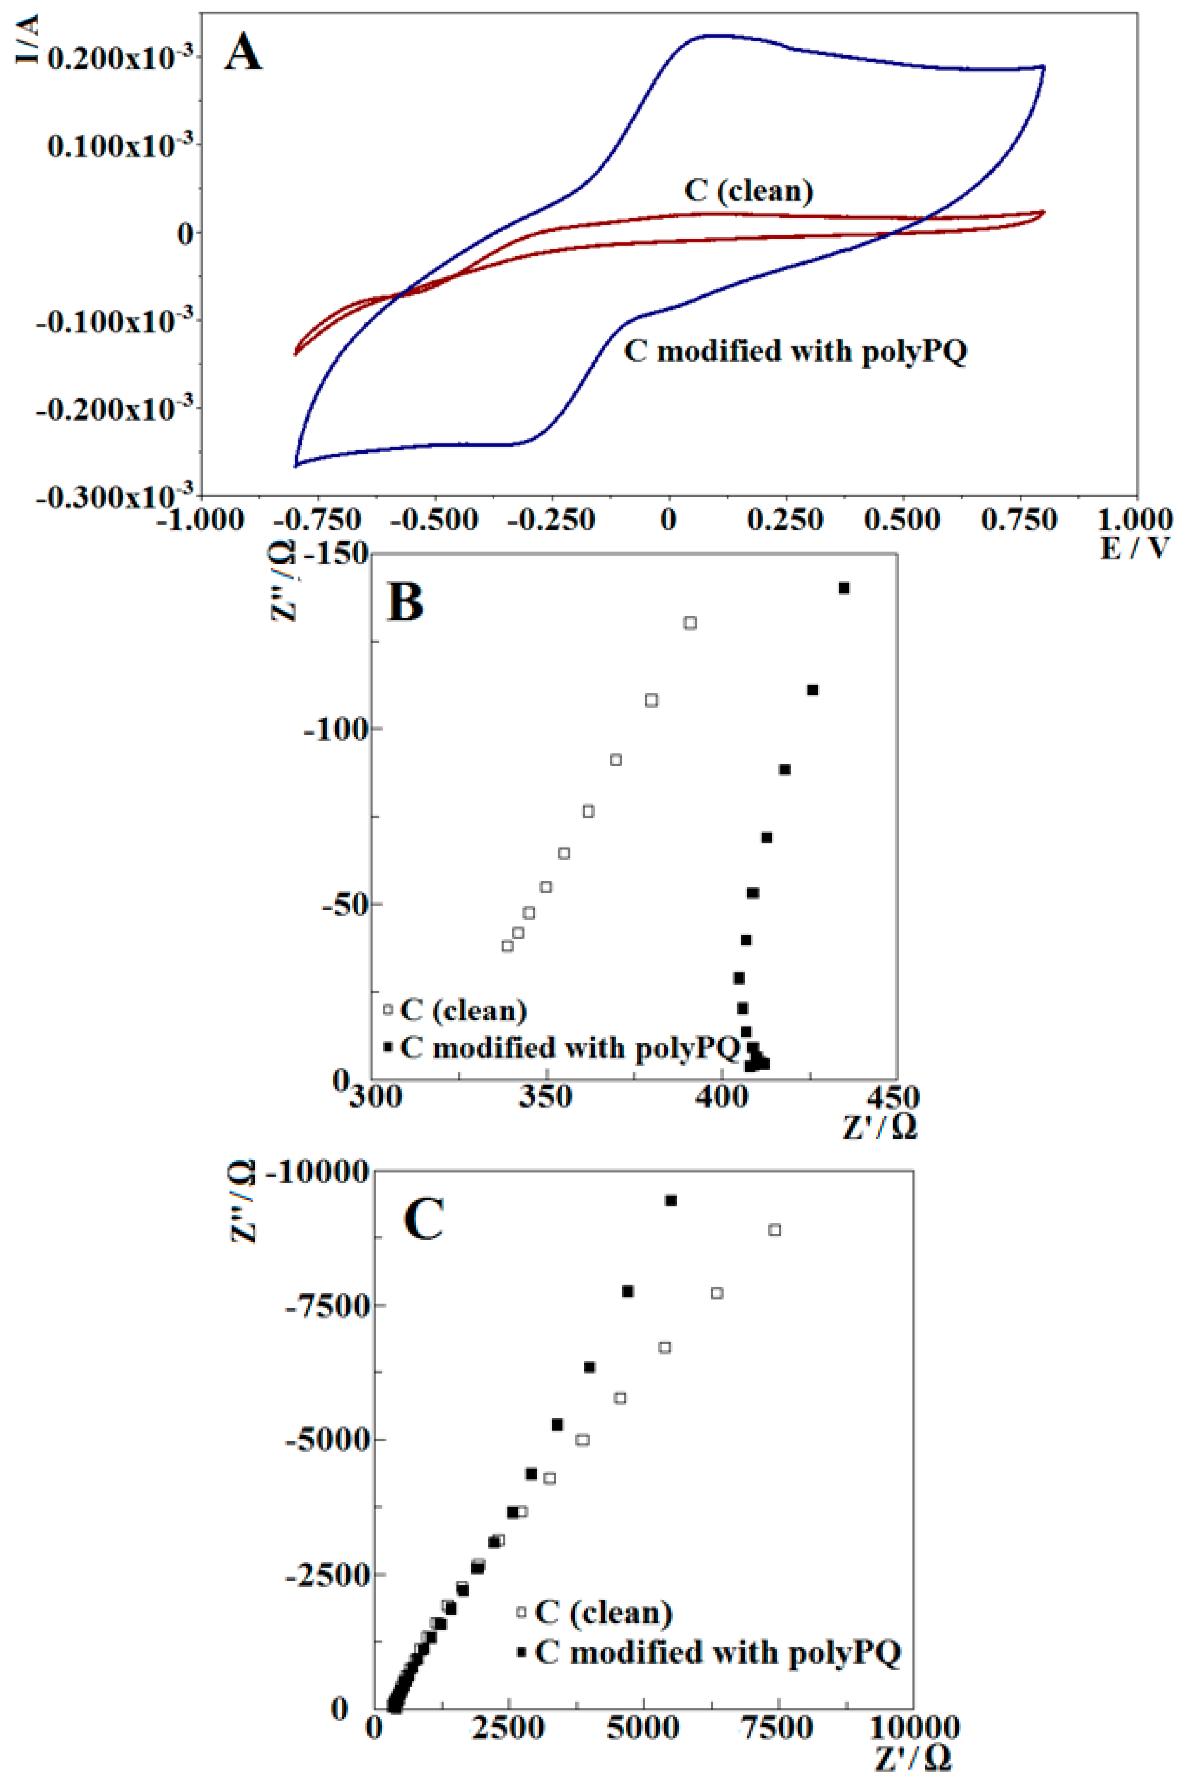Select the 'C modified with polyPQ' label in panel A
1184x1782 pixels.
(x=795, y=352)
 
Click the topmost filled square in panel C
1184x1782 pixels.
(x=670, y=1201)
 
